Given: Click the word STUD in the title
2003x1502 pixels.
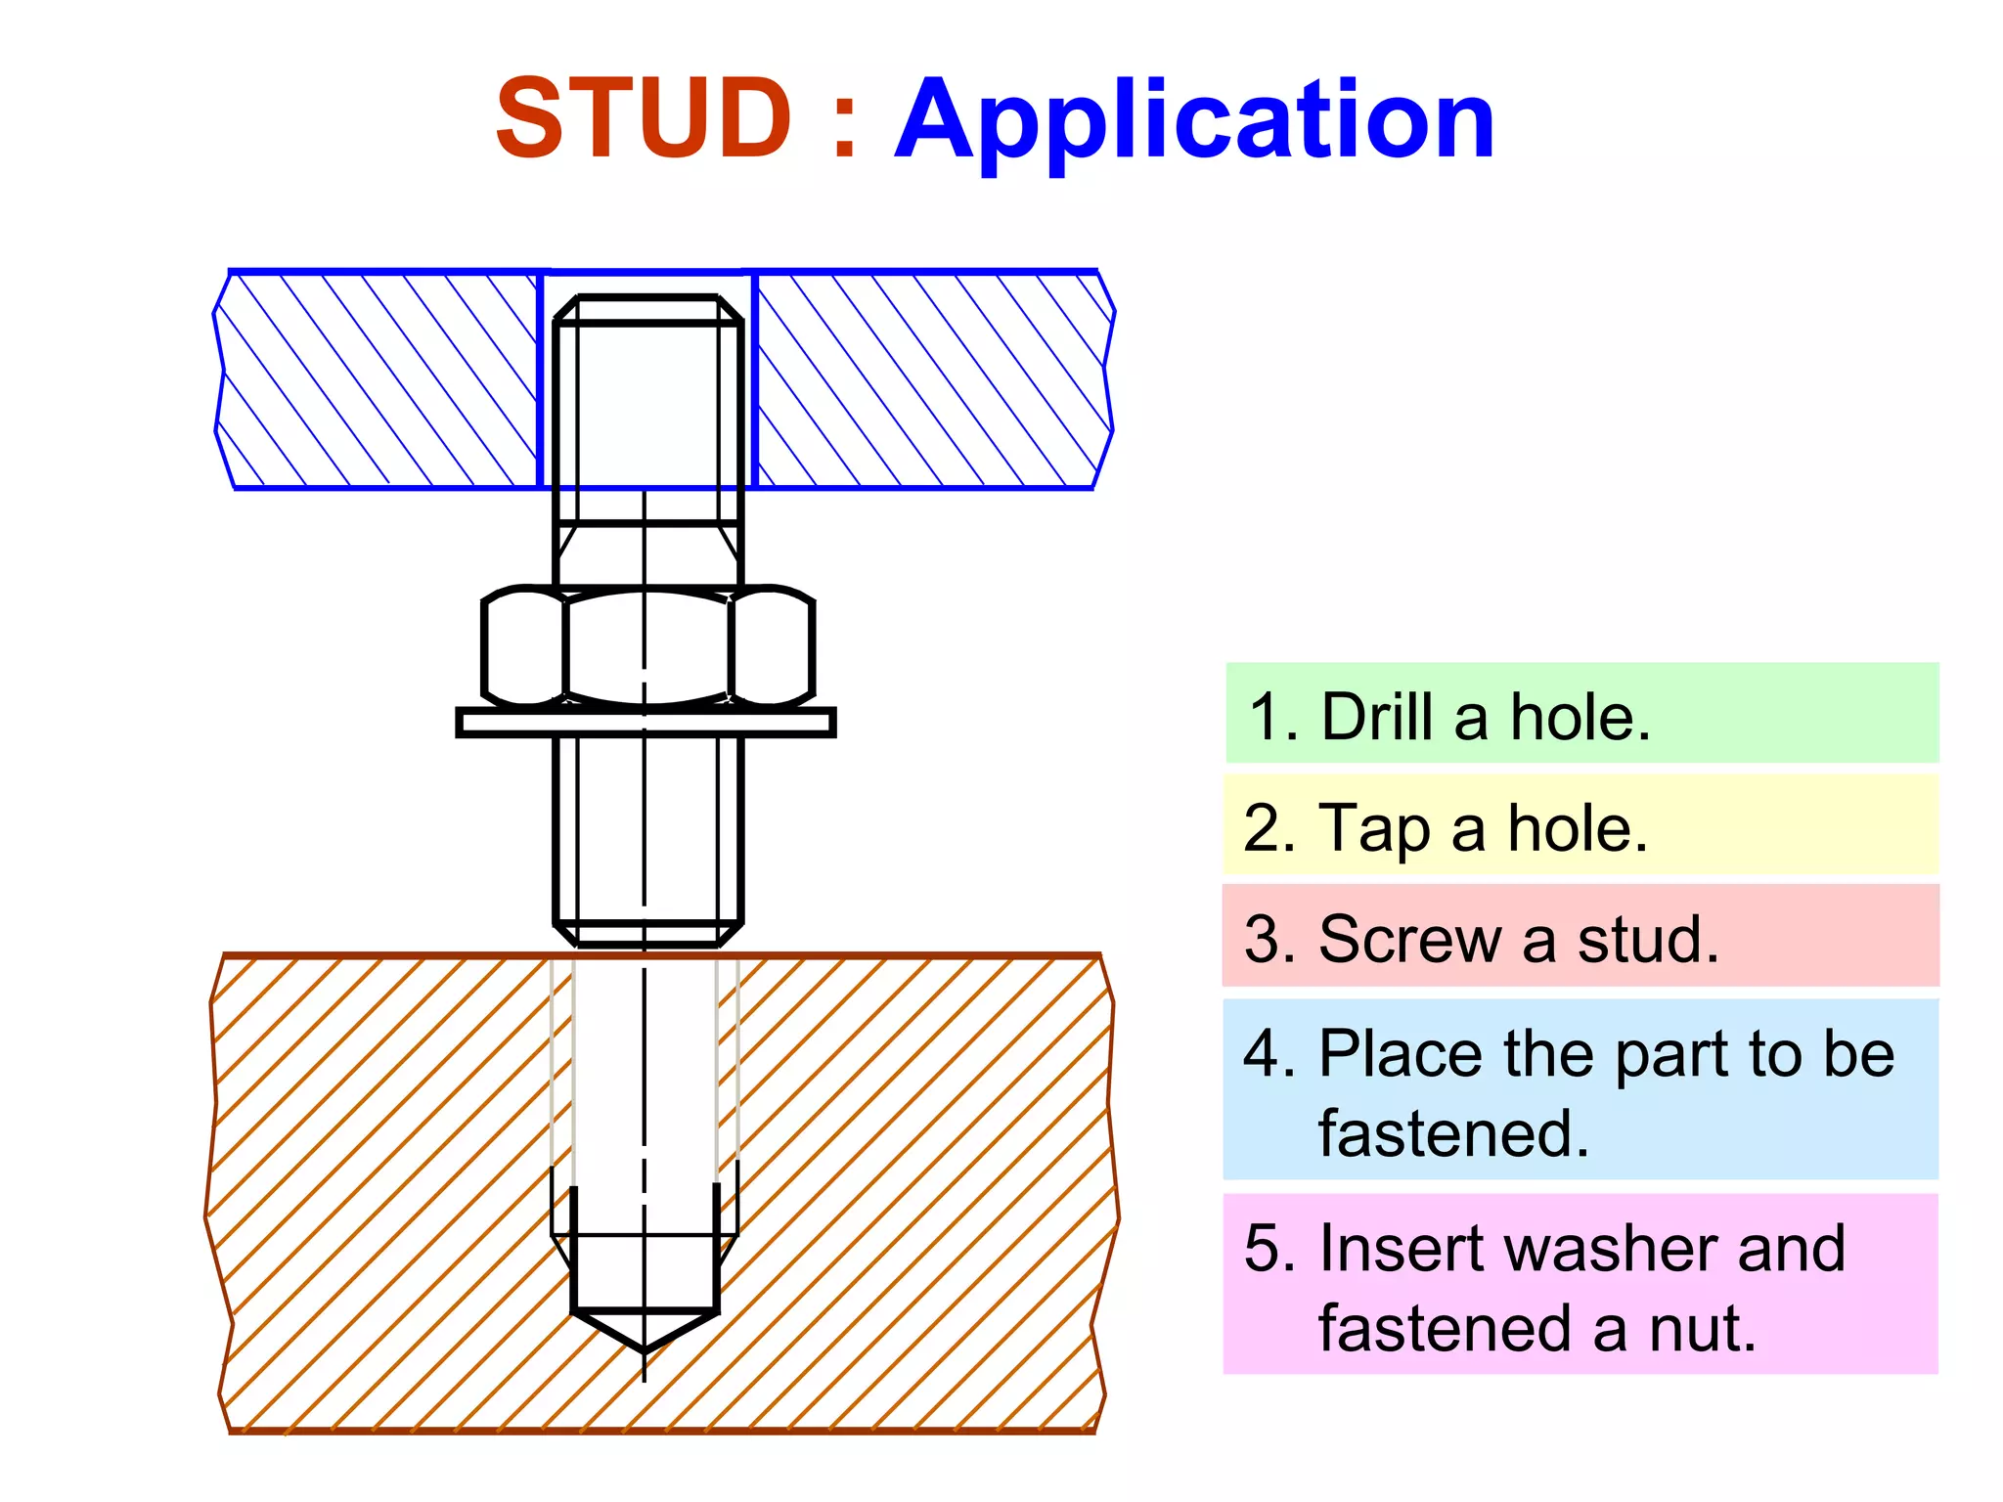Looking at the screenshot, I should [x=643, y=119].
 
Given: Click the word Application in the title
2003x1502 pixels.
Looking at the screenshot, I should [x=1194, y=122].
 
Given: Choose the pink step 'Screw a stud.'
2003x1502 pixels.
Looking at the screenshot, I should [x=1580, y=938].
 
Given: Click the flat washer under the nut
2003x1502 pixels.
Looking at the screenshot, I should [x=645, y=723].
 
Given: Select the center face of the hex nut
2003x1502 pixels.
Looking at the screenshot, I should [x=646, y=646].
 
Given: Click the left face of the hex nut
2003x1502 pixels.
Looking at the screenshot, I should [x=524, y=646].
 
